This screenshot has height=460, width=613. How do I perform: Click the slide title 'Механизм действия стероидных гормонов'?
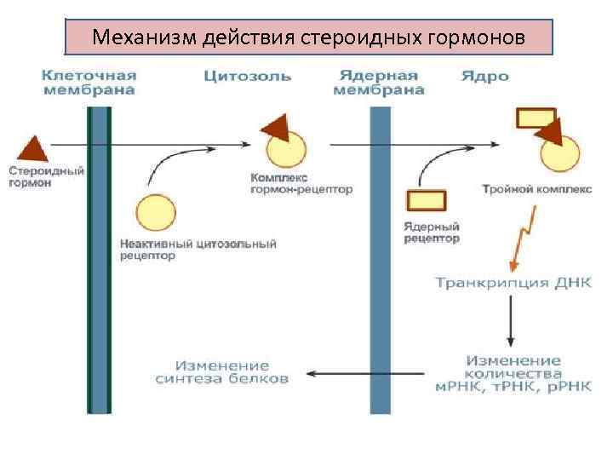click(x=309, y=37)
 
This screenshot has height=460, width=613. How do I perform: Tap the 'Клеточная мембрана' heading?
click(x=89, y=83)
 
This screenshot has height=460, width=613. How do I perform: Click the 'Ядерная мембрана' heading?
click(x=378, y=83)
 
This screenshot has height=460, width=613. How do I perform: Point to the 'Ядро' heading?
click(x=485, y=77)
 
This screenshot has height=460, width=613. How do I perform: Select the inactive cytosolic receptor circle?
click(x=155, y=213)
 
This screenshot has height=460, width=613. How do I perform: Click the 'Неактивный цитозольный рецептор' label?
click(x=198, y=250)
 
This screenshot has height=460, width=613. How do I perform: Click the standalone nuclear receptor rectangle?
click(x=426, y=200)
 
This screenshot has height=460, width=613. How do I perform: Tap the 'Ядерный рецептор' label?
click(x=432, y=233)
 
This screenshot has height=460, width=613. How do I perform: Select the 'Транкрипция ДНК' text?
click(x=513, y=282)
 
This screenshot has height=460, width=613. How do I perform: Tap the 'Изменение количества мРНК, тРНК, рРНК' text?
click(x=513, y=374)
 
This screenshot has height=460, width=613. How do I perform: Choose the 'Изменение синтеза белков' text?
click(x=222, y=372)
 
